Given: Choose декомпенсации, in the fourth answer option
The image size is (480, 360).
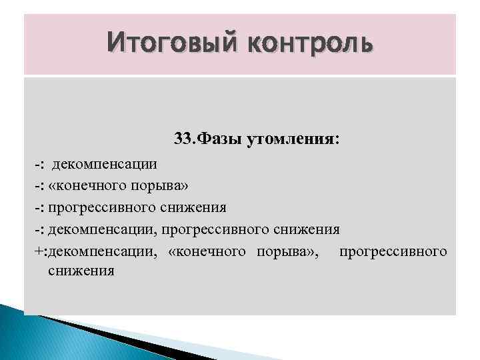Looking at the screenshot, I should click(x=103, y=230).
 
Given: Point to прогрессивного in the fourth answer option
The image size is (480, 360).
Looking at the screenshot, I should click(x=215, y=230).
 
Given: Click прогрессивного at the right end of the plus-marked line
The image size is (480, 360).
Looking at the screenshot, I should click(x=393, y=252).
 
